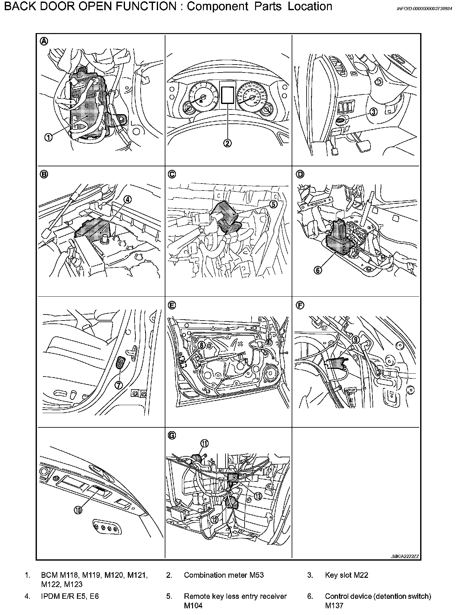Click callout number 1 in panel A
[x=48, y=137]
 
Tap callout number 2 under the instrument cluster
[x=227, y=143]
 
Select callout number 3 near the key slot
[x=373, y=112]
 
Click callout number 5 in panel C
[x=273, y=204]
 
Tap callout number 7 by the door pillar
[x=118, y=385]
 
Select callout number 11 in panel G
[x=204, y=443]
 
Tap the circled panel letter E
[x=171, y=305]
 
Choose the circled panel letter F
[x=300, y=305]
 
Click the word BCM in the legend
[x=49, y=575]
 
